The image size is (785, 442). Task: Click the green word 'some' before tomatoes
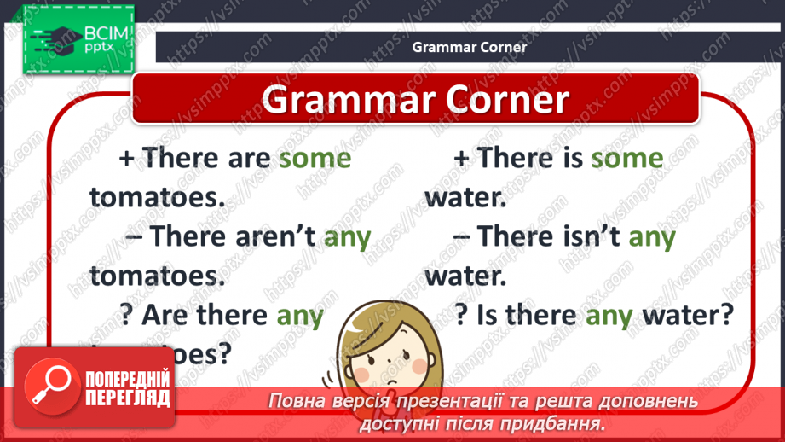click(x=315, y=159)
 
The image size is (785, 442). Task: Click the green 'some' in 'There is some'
click(x=627, y=159)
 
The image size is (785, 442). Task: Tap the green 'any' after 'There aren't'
click(x=348, y=237)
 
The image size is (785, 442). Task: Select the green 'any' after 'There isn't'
click(x=652, y=237)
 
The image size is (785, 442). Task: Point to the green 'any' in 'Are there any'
click(x=301, y=317)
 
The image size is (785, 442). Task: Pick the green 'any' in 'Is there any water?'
click(x=609, y=317)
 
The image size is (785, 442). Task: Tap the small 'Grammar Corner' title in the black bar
click(x=470, y=48)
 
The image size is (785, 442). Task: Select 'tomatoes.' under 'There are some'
click(x=157, y=198)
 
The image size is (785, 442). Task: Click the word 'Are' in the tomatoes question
click(x=168, y=317)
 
